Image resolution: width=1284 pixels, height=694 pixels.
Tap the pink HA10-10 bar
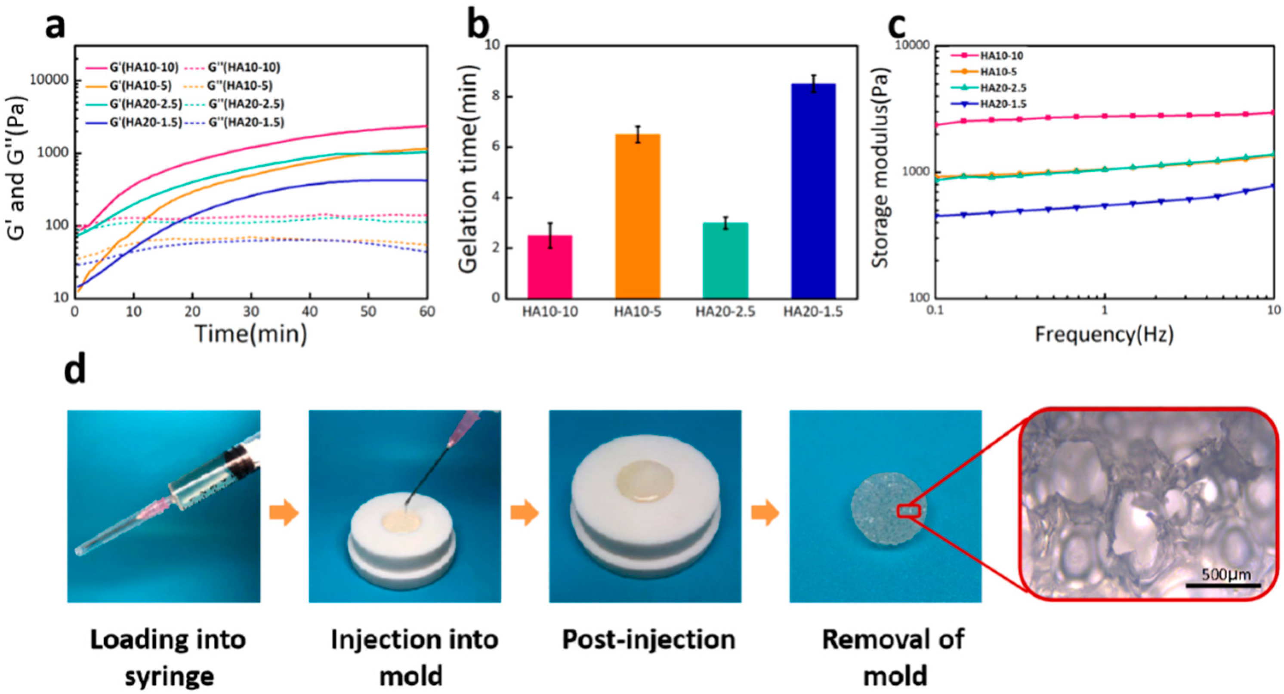click(550, 267)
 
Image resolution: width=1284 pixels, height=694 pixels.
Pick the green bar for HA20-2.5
click(725, 260)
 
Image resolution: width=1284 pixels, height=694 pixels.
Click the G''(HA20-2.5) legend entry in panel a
click(246, 104)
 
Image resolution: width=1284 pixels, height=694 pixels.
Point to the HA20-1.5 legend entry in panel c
click(1003, 104)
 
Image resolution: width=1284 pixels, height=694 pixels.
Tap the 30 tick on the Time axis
click(251, 312)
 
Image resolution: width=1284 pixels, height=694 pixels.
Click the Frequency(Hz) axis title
click(1105, 334)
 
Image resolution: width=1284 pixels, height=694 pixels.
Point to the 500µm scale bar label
click(1225, 575)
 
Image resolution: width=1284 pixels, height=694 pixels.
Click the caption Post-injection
click(648, 640)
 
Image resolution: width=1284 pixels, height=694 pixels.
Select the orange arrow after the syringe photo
click(284, 513)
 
